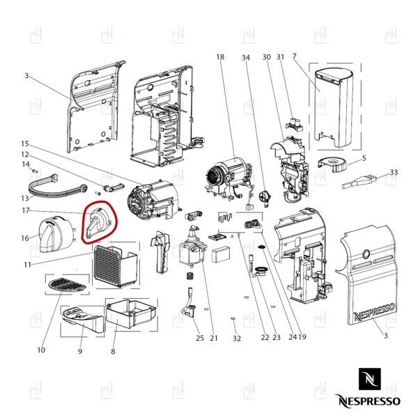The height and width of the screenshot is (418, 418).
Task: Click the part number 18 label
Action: click(220, 57)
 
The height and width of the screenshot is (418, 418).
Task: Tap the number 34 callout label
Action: click(245, 58)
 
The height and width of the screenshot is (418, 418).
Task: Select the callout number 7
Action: click(294, 56)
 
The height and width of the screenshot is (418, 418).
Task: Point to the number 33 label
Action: click(394, 172)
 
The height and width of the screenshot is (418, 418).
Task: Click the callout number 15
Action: click(25, 144)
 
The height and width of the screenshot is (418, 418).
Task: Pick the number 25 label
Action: click(200, 338)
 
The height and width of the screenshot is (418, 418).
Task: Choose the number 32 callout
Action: click(237, 339)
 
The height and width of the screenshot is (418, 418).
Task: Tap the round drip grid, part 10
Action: click(67, 285)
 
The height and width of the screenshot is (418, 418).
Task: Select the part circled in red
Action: click(98, 222)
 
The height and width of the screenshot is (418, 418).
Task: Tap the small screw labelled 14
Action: click(35, 170)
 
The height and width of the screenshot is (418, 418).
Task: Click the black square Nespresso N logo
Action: click(369, 379)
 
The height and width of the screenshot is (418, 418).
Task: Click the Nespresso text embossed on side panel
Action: click(373, 311)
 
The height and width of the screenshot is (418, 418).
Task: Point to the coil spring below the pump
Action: click(189, 276)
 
